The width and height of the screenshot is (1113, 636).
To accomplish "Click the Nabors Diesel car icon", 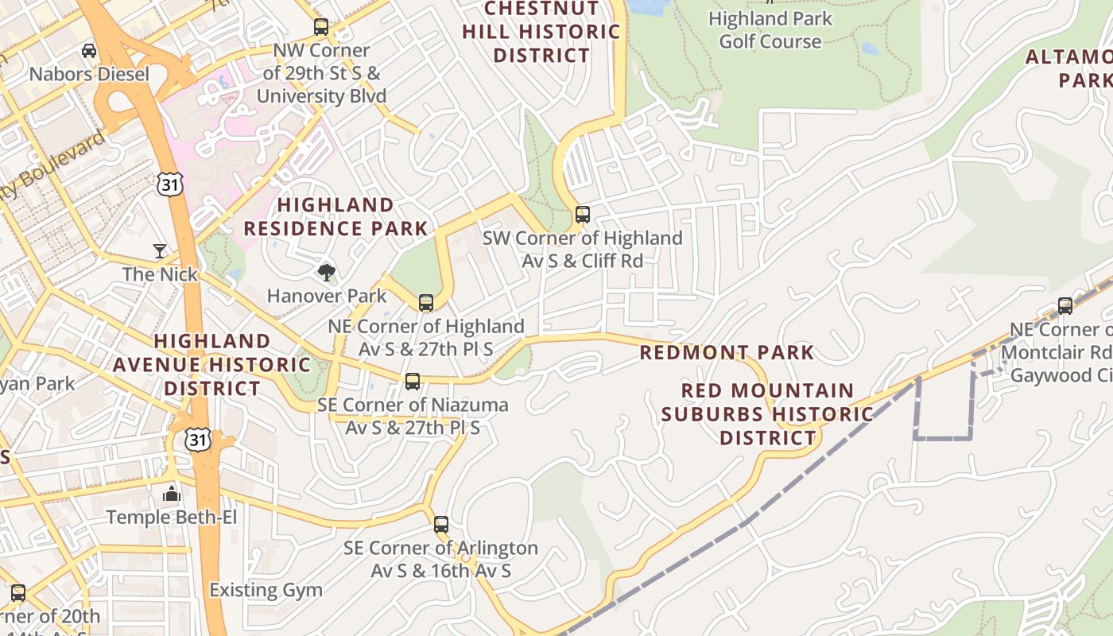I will click(x=89, y=51).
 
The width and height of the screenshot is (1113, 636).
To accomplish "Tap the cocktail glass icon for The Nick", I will click(x=160, y=251).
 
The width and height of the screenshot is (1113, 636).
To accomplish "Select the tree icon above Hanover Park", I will click(x=326, y=273).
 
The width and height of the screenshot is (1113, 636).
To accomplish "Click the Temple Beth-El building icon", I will click(x=172, y=494).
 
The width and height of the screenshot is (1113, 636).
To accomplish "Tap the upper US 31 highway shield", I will click(x=169, y=184).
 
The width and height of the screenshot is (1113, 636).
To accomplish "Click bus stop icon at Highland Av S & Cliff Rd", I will click(x=583, y=215).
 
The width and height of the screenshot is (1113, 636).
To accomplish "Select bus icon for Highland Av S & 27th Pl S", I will click(x=426, y=303).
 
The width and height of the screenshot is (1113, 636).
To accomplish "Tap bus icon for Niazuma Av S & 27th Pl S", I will click(x=413, y=382).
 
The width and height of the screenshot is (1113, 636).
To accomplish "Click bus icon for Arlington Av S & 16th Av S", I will click(x=441, y=525).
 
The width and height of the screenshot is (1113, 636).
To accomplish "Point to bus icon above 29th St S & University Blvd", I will click(x=321, y=27).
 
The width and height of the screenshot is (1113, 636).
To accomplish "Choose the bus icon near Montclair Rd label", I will click(x=1065, y=306).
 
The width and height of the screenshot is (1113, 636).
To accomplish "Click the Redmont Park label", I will click(x=727, y=352).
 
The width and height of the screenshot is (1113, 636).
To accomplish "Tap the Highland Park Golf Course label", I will click(x=770, y=30).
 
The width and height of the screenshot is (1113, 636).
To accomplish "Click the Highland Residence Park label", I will click(x=335, y=217).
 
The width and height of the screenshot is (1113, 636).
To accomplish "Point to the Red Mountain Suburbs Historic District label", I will click(x=767, y=414).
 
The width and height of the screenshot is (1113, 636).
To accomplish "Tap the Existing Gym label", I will click(x=266, y=590).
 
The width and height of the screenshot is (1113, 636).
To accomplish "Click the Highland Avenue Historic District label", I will click(x=211, y=365).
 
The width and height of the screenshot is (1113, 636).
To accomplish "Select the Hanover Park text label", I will click(x=327, y=296).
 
